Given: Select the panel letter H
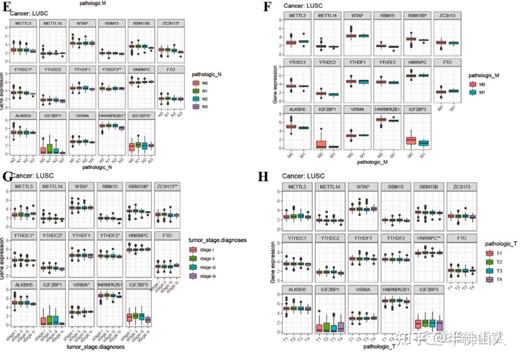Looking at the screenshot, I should (x=263, y=177).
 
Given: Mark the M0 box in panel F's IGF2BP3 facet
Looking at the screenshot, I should (x=411, y=140).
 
